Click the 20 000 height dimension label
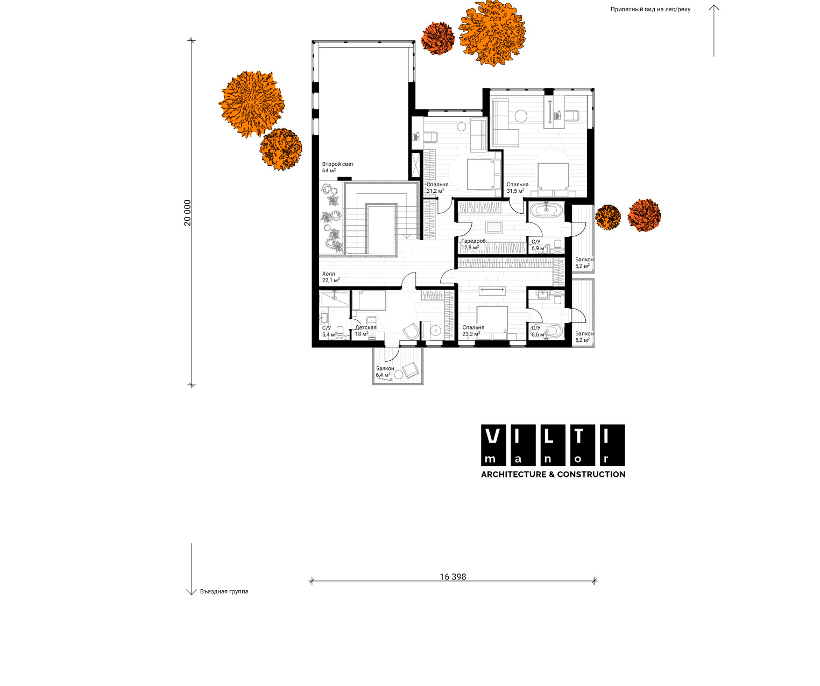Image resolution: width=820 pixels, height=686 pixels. pyautogui.click(x=187, y=213)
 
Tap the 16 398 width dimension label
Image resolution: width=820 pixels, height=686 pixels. pyautogui.click(x=453, y=577)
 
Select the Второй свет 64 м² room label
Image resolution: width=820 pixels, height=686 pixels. pyautogui.click(x=338, y=167)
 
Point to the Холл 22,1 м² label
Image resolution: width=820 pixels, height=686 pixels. pyautogui.click(x=331, y=277)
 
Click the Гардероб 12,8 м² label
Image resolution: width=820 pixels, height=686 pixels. pyautogui.click(x=473, y=244)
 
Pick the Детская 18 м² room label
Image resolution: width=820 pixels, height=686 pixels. pyautogui.click(x=366, y=331)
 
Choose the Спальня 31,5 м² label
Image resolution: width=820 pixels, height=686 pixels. pyautogui.click(x=517, y=187)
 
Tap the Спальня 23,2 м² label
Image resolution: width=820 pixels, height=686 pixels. pyautogui.click(x=473, y=331)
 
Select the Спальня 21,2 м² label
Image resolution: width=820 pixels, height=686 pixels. pyautogui.click(x=437, y=187)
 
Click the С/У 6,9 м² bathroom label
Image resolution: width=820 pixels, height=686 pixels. pyautogui.click(x=539, y=245)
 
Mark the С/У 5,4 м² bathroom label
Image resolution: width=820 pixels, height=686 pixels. pyautogui.click(x=329, y=331)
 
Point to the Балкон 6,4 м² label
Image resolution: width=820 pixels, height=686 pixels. pyautogui.click(x=385, y=372)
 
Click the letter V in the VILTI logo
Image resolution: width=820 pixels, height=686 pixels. pyautogui.click(x=492, y=436)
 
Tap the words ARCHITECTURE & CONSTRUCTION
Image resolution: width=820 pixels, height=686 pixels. pyautogui.click(x=553, y=474)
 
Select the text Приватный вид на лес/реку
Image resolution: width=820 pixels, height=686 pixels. pyautogui.click(x=650, y=9)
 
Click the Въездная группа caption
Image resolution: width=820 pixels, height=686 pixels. pyautogui.click(x=224, y=591)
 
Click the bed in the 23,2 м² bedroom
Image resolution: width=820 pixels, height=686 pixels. pyautogui.click(x=492, y=323)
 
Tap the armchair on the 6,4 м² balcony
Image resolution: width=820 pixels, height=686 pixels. pyautogui.click(x=411, y=369)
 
